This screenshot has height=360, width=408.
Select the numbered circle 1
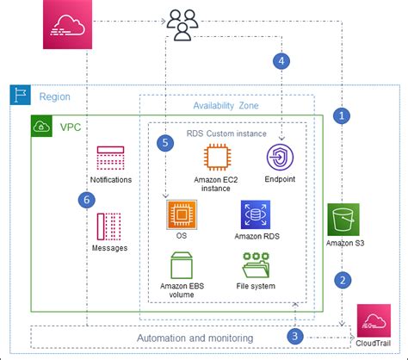click(x=343, y=114)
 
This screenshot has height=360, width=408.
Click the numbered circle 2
click(x=343, y=279)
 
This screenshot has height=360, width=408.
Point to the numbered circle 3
click(x=295, y=335)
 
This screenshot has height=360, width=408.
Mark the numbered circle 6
click(x=83, y=200)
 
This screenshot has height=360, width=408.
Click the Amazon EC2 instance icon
click(x=216, y=159)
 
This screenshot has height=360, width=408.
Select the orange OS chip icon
click(x=181, y=214)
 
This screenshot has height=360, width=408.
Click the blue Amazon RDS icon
click(x=256, y=214)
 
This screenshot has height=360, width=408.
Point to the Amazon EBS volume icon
click(x=182, y=265)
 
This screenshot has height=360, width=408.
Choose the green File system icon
click(x=256, y=265)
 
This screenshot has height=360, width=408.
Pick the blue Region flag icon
click(x=19, y=96)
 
